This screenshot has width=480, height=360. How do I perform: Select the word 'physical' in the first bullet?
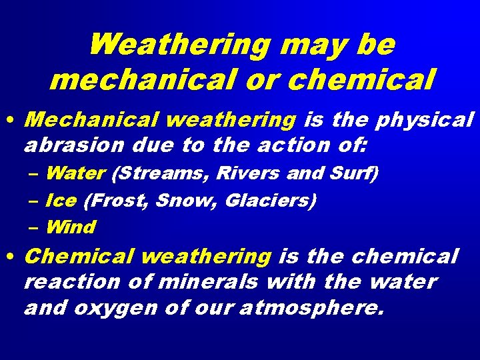(425, 121)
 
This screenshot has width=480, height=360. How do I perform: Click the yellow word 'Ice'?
(61, 200)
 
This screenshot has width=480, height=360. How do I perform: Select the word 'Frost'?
(116, 200)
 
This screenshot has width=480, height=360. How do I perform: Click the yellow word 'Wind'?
(70, 227)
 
